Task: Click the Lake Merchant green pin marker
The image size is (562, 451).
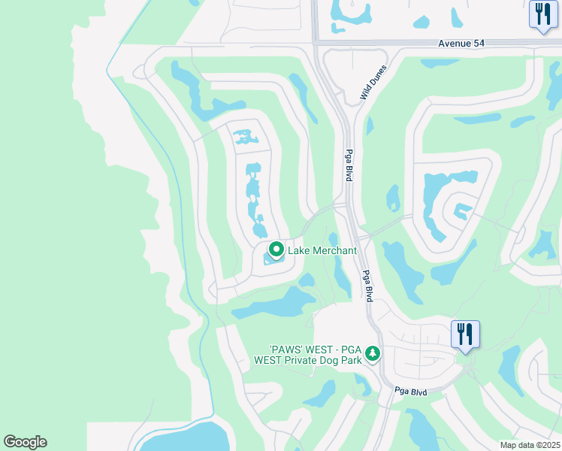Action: click(x=276, y=249)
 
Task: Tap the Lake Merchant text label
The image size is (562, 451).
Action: click(x=322, y=250)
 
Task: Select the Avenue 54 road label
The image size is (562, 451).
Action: click(x=461, y=44)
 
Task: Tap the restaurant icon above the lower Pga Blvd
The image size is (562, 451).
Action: click(x=465, y=332)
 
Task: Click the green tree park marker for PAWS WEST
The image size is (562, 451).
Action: click(x=373, y=353)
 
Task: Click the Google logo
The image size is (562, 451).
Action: click(x=25, y=442)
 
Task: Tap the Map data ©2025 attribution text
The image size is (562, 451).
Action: click(x=530, y=445)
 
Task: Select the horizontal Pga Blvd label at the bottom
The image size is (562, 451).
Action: click(x=410, y=392)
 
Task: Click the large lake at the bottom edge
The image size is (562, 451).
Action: click(x=184, y=438)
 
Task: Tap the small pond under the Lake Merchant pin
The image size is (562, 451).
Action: click(x=271, y=260)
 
